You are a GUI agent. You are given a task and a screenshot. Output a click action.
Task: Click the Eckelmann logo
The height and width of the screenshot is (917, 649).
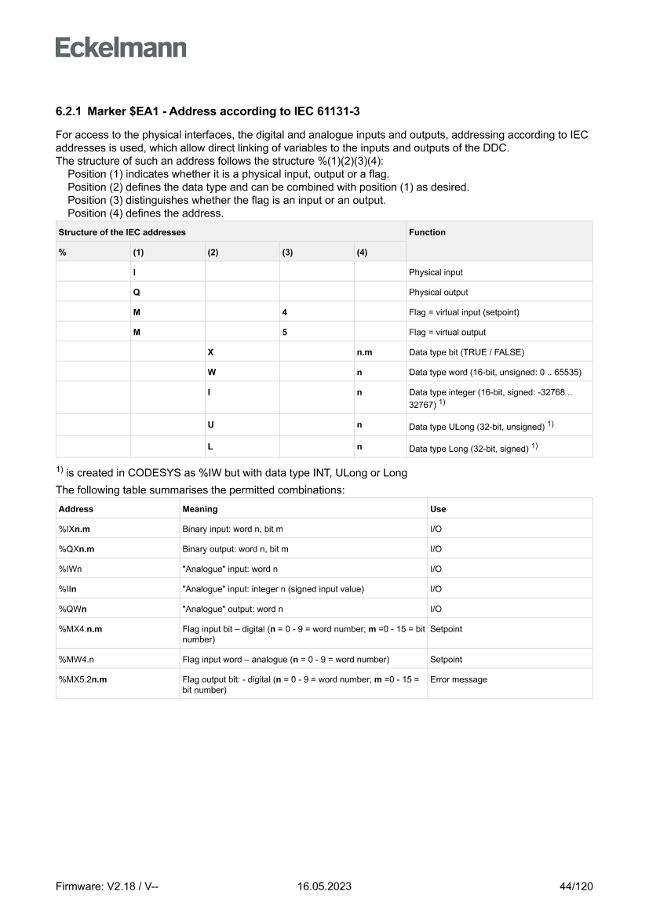coord(121,48)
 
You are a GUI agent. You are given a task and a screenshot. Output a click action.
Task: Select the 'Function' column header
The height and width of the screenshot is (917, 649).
coord(427,232)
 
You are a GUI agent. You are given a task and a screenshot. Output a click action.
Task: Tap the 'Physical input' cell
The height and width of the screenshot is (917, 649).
coord(436,272)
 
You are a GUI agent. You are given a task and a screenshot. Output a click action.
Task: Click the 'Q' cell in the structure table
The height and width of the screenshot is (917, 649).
coord(137,292)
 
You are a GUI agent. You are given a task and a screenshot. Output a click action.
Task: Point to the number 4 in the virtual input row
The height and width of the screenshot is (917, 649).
coord(284,312)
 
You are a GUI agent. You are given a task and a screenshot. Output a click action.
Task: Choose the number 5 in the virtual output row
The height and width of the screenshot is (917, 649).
coord(284,332)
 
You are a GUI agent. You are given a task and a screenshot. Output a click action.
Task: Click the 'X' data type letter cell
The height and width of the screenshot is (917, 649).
coord(210,352)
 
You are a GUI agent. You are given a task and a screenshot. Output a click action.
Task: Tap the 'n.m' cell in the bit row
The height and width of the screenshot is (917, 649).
coord(364,352)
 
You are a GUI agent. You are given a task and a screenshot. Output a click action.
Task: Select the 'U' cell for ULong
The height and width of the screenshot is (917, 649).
coord(210,424)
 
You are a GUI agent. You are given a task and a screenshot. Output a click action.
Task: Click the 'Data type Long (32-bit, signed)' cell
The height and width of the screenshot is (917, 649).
coord(472,447)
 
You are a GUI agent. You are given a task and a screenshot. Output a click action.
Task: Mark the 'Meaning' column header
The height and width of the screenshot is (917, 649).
coord(200,509)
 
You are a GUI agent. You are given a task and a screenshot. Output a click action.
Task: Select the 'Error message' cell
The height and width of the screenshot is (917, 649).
coord(458,679)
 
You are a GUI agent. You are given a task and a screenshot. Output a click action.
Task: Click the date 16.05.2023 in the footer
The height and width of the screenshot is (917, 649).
coord(324,886)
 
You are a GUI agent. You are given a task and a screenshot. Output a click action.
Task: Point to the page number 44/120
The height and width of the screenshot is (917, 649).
coord(577,886)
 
